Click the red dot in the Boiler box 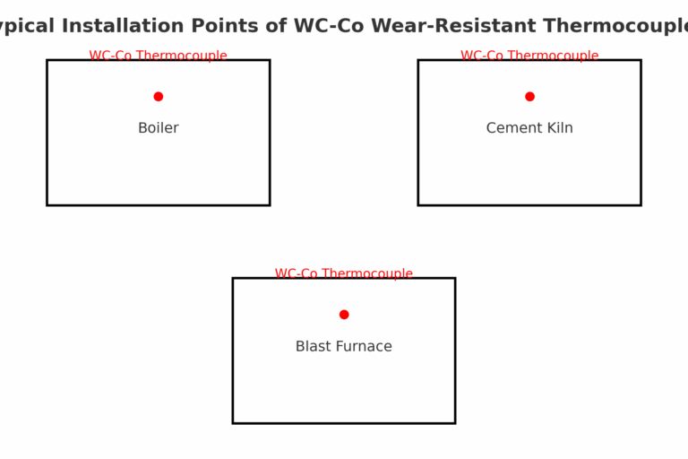click(x=159, y=97)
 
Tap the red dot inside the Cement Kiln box click(x=529, y=97)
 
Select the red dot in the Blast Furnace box click(x=344, y=315)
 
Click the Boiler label click(x=159, y=128)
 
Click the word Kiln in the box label click(x=559, y=128)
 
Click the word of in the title click(x=272, y=26)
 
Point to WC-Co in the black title click(x=328, y=26)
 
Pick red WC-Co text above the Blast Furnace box click(x=295, y=273)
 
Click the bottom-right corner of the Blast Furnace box click(x=454, y=422)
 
